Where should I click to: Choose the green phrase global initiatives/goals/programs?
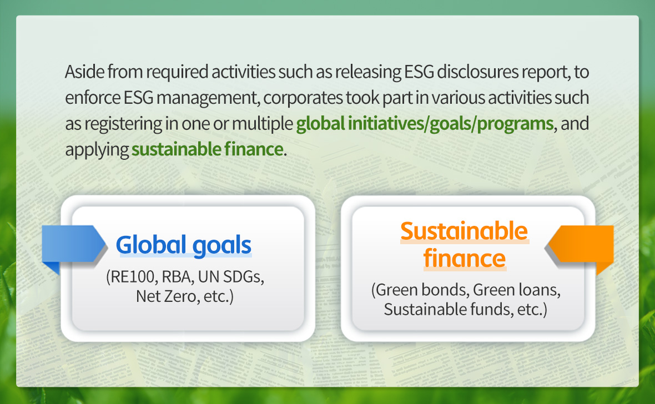(x=425, y=124)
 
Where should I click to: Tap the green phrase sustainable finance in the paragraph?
(x=207, y=149)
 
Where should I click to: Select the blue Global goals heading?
(x=183, y=245)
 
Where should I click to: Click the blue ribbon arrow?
(x=73, y=246)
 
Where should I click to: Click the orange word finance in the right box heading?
(x=465, y=258)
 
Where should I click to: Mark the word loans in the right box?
(x=540, y=290)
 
